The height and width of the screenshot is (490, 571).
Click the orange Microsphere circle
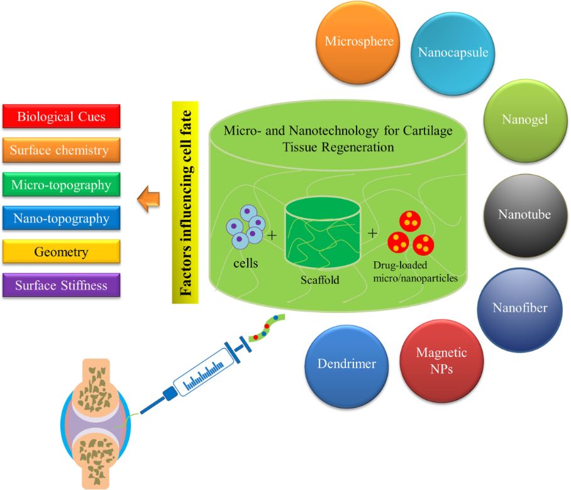tap(359, 42)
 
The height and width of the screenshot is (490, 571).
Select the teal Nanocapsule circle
tap(452, 52)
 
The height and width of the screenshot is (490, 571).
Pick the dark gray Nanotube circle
tap(524, 215)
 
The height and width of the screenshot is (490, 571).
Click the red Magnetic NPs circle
tap(441, 360)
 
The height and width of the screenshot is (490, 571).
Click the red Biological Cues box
tap(61, 117)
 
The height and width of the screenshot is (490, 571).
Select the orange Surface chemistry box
tap(62, 151)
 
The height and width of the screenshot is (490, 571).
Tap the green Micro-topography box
tap(62, 185)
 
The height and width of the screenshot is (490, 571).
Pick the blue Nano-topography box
tap(62, 219)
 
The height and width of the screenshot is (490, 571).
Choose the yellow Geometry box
tap(62, 253)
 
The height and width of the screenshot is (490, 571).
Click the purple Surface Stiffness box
tap(62, 286)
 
